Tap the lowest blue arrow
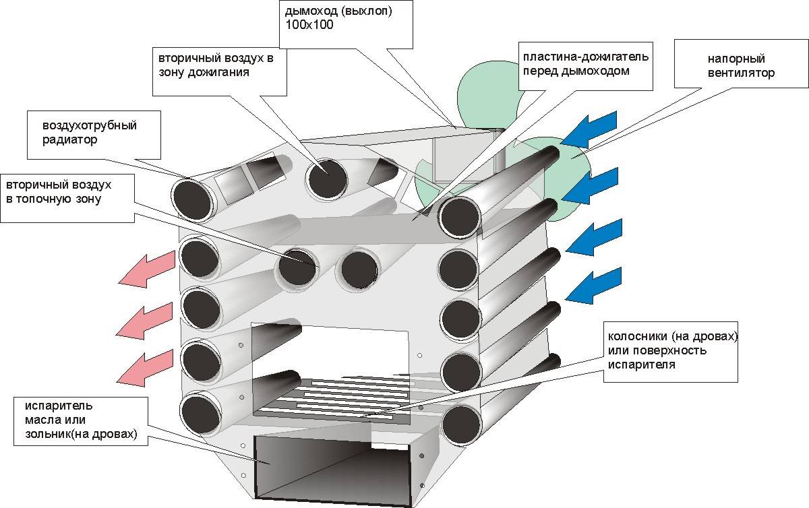(593, 285)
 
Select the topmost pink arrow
(147, 269)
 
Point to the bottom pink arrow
(144, 369)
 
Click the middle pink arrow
(144, 321)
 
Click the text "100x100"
(309, 25)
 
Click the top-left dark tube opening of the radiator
(192, 201)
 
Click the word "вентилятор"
(741, 73)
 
